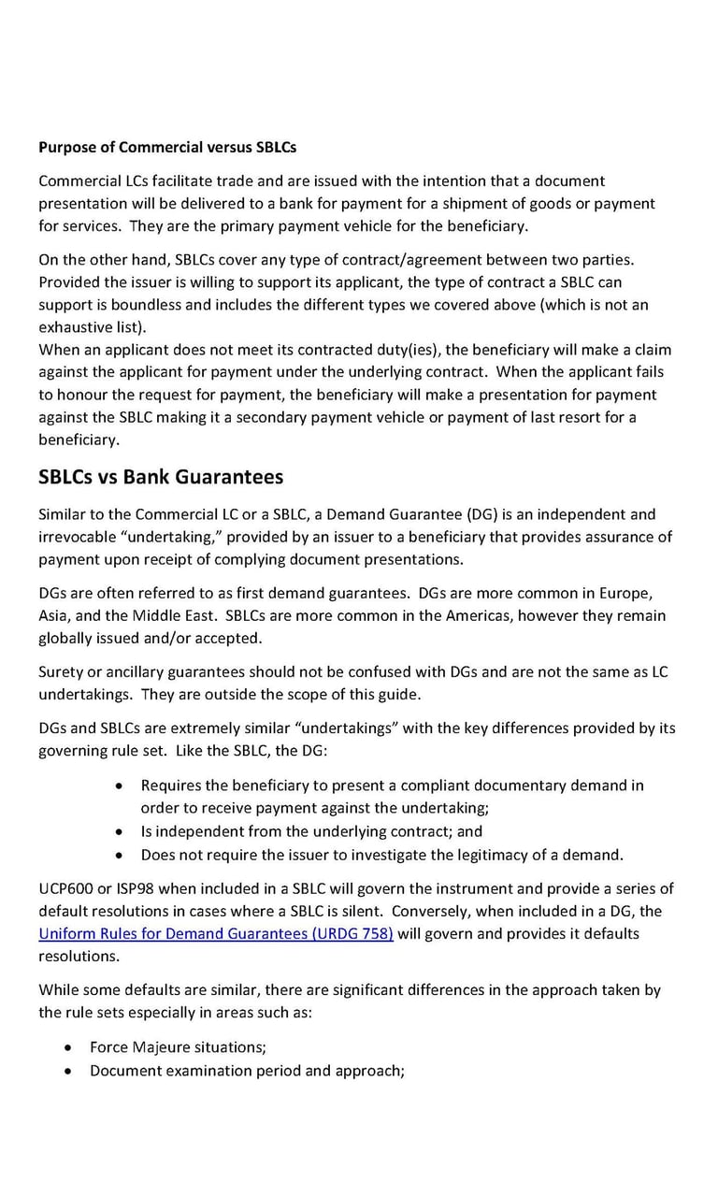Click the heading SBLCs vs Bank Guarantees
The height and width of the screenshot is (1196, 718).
[160, 477]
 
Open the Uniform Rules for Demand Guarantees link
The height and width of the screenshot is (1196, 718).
[215, 933]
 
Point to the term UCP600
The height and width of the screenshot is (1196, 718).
[65, 888]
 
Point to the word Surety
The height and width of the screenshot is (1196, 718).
[62, 671]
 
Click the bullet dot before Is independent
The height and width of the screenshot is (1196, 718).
[119, 831]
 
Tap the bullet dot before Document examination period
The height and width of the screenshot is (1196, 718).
[68, 1071]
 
